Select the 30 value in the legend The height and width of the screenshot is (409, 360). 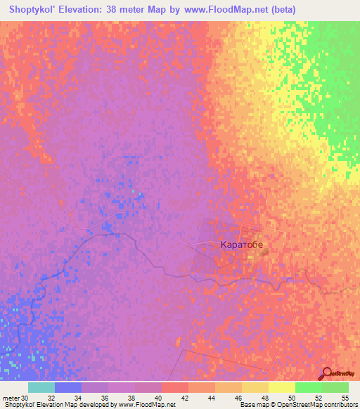coord(26,398)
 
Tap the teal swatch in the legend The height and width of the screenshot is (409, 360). coord(41,387)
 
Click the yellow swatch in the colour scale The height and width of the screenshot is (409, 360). coord(281,387)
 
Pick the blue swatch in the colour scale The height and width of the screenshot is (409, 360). coord(68,387)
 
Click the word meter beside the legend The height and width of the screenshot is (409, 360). coord(11,398)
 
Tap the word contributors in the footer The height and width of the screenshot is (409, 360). coord(342,405)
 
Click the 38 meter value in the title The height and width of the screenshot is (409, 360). coord(141,10)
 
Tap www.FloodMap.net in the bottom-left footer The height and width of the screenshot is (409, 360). coord(146,405)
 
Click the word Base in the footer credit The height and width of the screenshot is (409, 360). coord(247,405)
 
